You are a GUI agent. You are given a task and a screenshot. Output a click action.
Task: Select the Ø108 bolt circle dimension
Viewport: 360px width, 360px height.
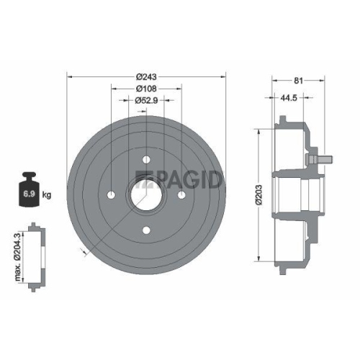(146, 89)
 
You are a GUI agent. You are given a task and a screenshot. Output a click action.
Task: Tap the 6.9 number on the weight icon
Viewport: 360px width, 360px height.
(29, 194)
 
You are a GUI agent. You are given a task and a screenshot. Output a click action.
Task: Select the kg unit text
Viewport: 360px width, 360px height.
(48, 195)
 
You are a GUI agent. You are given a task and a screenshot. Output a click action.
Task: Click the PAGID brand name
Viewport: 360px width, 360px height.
(185, 180)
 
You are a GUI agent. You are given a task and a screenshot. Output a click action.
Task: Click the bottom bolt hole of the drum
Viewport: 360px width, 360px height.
(146, 230)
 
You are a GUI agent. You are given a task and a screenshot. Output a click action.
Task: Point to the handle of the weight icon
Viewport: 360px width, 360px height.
(30, 176)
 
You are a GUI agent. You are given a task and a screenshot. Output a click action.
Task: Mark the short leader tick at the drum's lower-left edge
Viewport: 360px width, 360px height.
(85, 253)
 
